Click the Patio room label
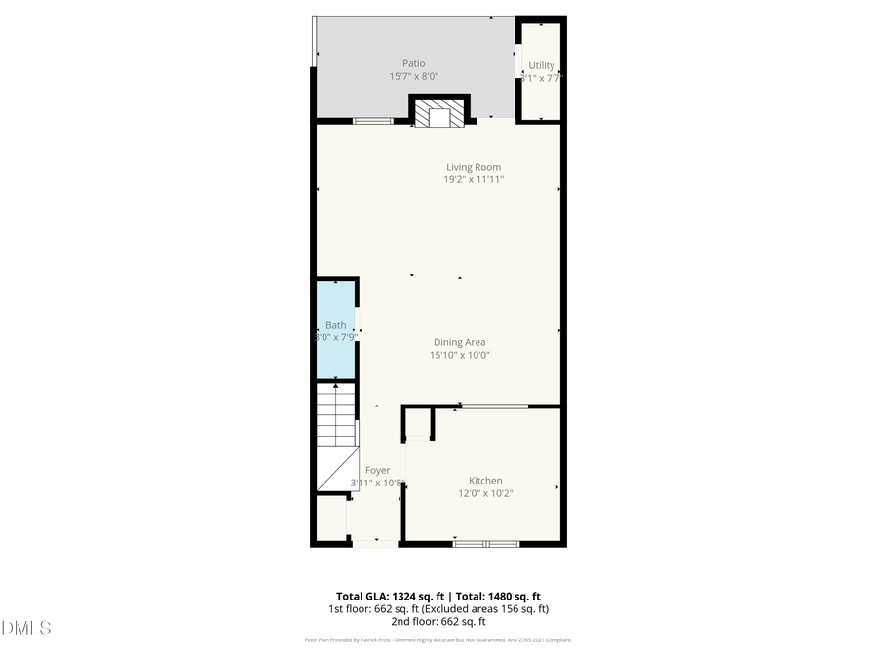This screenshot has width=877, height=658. point(414,63)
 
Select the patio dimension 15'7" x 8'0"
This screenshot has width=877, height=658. point(414,76)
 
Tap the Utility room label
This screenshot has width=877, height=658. point(541,66)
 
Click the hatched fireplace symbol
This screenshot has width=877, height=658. point(439,117)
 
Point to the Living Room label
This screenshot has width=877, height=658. point(474,167)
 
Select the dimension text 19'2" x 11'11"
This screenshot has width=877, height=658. point(474,179)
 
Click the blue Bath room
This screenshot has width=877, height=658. point(335,329)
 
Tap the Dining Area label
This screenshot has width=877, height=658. point(459,342)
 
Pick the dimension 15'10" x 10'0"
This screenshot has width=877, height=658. point(459,355)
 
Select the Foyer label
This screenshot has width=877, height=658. point(377,470)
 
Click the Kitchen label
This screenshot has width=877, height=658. point(485,481)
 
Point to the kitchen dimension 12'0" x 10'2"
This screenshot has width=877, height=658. point(485,493)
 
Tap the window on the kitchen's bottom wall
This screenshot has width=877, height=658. point(486,543)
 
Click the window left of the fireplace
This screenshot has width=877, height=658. point(373,121)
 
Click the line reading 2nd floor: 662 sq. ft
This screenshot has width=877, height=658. point(438,621)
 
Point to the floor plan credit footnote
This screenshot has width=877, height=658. point(438,640)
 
